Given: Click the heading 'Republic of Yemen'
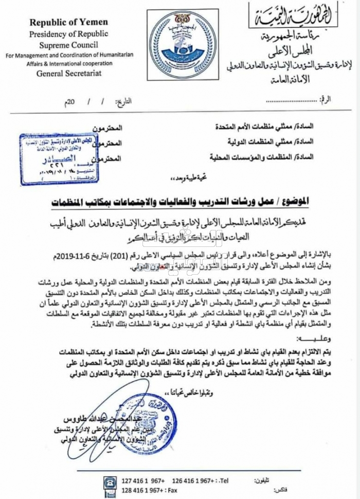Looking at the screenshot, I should coord(68,22).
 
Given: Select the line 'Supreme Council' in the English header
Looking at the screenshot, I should coord(68,44).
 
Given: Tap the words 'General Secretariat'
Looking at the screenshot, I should coord(68,73).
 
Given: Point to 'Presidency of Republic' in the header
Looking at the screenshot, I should coord(68,33).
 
